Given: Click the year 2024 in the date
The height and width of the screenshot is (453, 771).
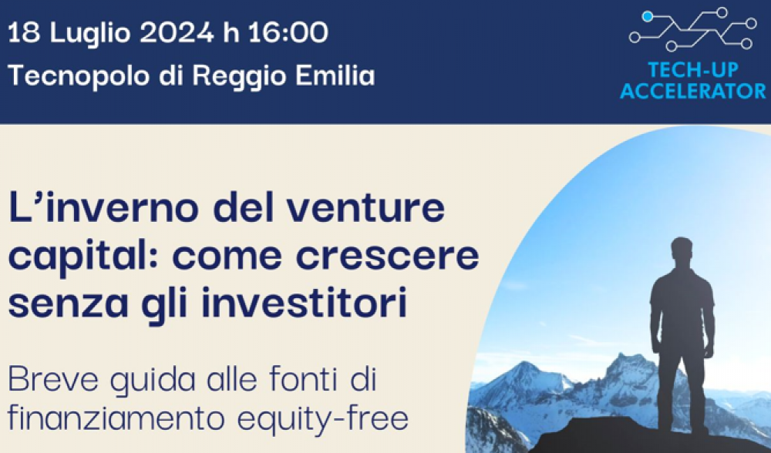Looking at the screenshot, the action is tap(177, 33).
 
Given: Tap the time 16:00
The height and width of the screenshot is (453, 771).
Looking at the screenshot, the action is tap(288, 33).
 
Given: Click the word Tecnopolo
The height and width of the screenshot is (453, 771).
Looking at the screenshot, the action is tap(78, 76).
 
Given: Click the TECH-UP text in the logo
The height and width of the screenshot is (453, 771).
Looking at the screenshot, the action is tap(693, 70).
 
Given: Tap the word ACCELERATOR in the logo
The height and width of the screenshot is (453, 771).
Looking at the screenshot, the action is tap(693, 91).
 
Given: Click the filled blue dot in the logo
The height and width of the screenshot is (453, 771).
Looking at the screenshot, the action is tap(648, 17).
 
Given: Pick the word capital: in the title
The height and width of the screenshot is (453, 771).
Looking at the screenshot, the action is tap(83, 257).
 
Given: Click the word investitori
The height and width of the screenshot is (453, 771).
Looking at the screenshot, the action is tap(304, 303).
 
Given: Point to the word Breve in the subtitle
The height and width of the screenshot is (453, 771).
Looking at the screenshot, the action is tap(53, 379).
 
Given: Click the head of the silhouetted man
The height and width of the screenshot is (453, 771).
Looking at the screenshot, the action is tap(682, 253).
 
